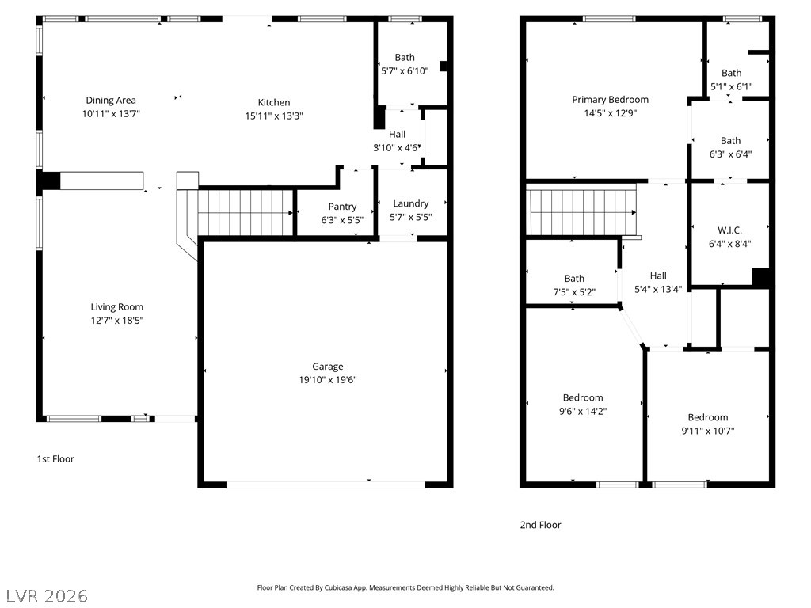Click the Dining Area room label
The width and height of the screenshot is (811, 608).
[111, 101]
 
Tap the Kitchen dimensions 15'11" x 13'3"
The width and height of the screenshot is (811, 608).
[273, 116]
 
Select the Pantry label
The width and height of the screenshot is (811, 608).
[342, 207]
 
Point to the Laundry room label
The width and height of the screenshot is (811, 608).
[411, 203]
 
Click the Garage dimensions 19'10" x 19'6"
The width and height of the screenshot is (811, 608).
[327, 380]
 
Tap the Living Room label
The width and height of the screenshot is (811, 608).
[117, 307]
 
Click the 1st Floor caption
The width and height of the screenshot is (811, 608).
[55, 459]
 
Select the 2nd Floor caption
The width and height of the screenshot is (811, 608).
[540, 526]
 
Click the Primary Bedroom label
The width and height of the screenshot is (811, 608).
[611, 100]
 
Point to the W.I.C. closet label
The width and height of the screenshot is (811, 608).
[729, 230]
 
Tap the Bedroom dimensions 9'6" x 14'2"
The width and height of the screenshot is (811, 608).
[583, 412]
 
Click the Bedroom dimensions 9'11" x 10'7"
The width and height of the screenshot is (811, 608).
[708, 431]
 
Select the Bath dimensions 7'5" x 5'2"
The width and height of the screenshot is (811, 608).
[574, 292]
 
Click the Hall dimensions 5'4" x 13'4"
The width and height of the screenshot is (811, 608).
[658, 290]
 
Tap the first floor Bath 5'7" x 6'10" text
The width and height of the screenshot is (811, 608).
[405, 65]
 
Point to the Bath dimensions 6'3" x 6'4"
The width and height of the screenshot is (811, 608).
[730, 154]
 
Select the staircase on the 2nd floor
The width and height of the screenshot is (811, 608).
[581, 212]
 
